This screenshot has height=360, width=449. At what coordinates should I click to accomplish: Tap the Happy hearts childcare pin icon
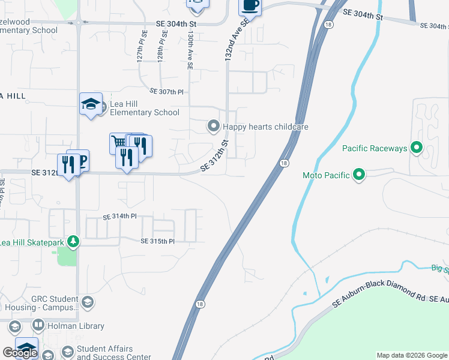pyautogui.click(x=213, y=126)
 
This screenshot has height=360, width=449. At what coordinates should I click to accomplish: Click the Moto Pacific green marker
pyautogui.click(x=359, y=175)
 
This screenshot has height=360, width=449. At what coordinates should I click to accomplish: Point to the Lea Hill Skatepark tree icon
pyautogui.click(x=73, y=242)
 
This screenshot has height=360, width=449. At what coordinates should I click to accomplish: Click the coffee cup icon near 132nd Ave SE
pyautogui.click(x=250, y=6)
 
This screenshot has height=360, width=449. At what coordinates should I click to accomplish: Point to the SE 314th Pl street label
pyautogui.click(x=120, y=217)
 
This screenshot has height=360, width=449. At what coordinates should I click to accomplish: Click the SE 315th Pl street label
pyautogui.click(x=157, y=241)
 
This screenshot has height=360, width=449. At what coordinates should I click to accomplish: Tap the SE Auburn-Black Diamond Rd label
pyautogui.click(x=382, y=295)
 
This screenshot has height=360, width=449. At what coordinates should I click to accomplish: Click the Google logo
pyautogui.click(x=20, y=353)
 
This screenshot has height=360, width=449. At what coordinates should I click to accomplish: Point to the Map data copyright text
pyautogui.click(x=412, y=355)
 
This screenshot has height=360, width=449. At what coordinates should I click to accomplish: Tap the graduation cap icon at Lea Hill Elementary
pyautogui.click(x=91, y=104)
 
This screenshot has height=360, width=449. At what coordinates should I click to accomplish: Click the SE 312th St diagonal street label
pyautogui.click(x=215, y=156)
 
